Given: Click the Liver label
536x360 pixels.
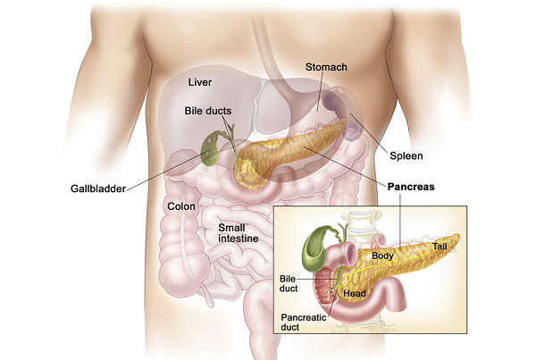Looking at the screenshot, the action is [200, 82].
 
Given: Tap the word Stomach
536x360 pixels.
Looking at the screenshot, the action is [326, 67].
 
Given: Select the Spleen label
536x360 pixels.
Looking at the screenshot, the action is [406, 156].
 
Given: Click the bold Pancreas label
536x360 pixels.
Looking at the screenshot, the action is [411, 187].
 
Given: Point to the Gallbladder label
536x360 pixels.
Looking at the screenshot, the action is [98, 188].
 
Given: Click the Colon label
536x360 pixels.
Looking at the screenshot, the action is [181, 206].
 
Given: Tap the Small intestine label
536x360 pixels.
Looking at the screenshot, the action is [239, 233].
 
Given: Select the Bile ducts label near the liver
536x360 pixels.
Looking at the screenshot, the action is [208, 111].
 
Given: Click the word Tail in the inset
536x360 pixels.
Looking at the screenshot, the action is [440, 247].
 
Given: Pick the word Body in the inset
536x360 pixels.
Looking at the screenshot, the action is [382, 255].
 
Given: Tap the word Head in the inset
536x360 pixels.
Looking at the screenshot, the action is [355, 293].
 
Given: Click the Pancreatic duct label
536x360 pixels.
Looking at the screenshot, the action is [304, 322].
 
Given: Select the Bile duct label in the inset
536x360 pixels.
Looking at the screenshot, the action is [289, 284].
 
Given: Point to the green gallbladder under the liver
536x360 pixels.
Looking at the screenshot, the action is [209, 149].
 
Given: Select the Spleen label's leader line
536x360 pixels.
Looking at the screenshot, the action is [370, 133].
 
